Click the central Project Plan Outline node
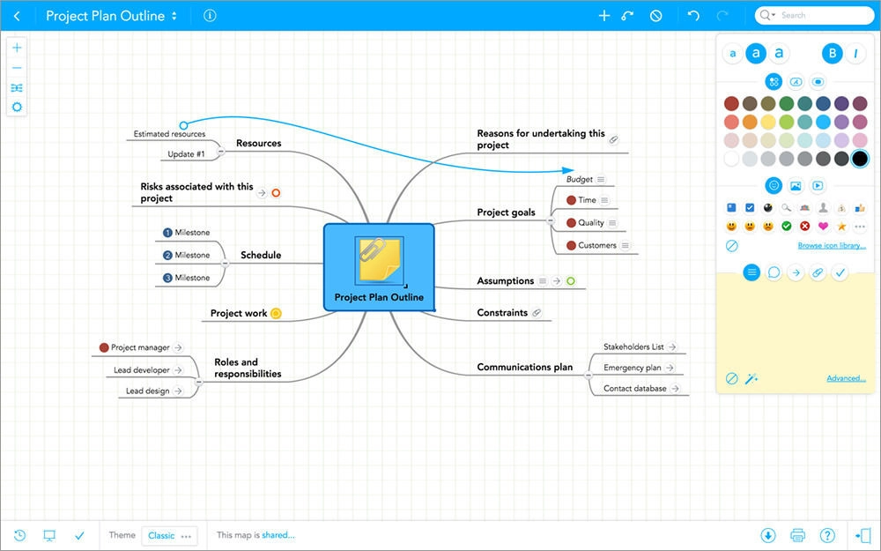379,267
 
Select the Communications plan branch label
525,367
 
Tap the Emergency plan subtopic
632,368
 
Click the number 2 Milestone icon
167,256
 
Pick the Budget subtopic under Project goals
580,179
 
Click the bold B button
833,54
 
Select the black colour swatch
860,159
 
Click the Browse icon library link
832,246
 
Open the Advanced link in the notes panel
846,378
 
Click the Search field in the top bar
814,15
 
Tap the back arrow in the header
17,16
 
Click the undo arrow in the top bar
694,15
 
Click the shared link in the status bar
278,535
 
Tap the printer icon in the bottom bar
797,535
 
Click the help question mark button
827,535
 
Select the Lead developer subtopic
142,370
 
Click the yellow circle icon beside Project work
276,314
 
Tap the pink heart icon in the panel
823,226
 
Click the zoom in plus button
17,48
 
